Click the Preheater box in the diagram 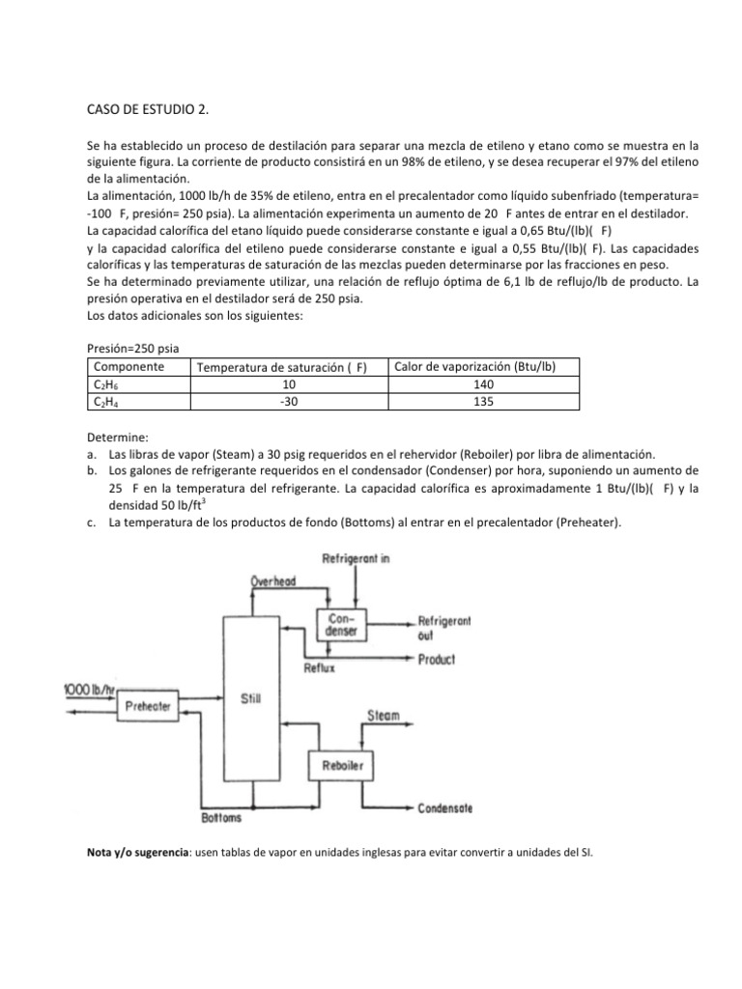(x=149, y=707)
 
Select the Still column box (x=251, y=697)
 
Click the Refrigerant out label (x=443, y=628)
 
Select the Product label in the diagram (x=437, y=660)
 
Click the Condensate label (x=445, y=807)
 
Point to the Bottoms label (x=221, y=818)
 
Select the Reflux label (x=321, y=668)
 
